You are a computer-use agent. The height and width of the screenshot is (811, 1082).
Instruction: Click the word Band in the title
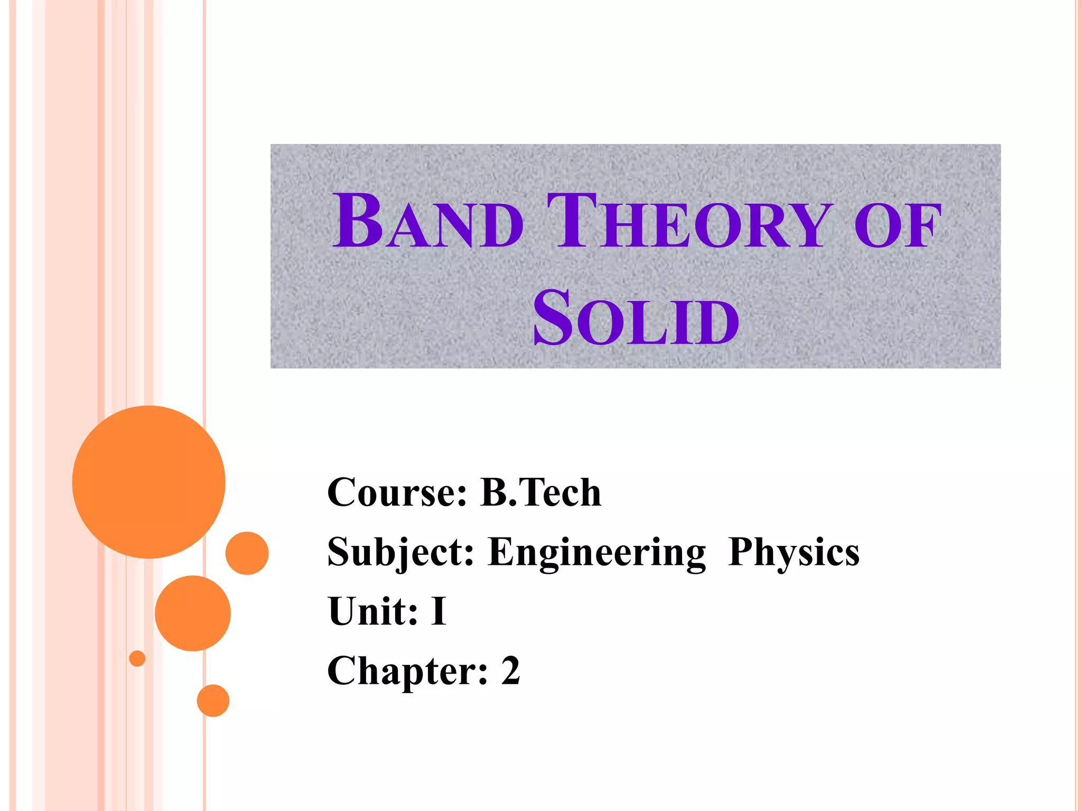[x=428, y=222]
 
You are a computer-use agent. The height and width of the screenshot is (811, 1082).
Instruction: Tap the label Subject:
[x=400, y=552]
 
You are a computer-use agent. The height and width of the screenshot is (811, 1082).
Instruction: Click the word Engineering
[x=597, y=552]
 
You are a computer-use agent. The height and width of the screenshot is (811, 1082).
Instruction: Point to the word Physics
[x=794, y=552]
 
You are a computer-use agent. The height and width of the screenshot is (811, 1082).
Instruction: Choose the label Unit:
[x=373, y=611]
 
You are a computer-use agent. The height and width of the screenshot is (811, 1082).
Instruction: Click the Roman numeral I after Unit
[x=439, y=611]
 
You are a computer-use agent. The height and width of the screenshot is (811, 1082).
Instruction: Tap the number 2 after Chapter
[x=510, y=671]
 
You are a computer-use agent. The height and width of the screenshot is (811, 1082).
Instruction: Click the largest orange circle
[x=149, y=482]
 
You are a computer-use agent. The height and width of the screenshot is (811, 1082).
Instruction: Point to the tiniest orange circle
[x=137, y=658]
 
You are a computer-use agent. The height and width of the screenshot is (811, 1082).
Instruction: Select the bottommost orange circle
[x=213, y=701]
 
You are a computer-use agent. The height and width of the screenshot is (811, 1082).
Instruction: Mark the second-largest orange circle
[x=193, y=613]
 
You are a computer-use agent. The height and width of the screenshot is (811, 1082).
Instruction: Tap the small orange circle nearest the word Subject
[x=247, y=553]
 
